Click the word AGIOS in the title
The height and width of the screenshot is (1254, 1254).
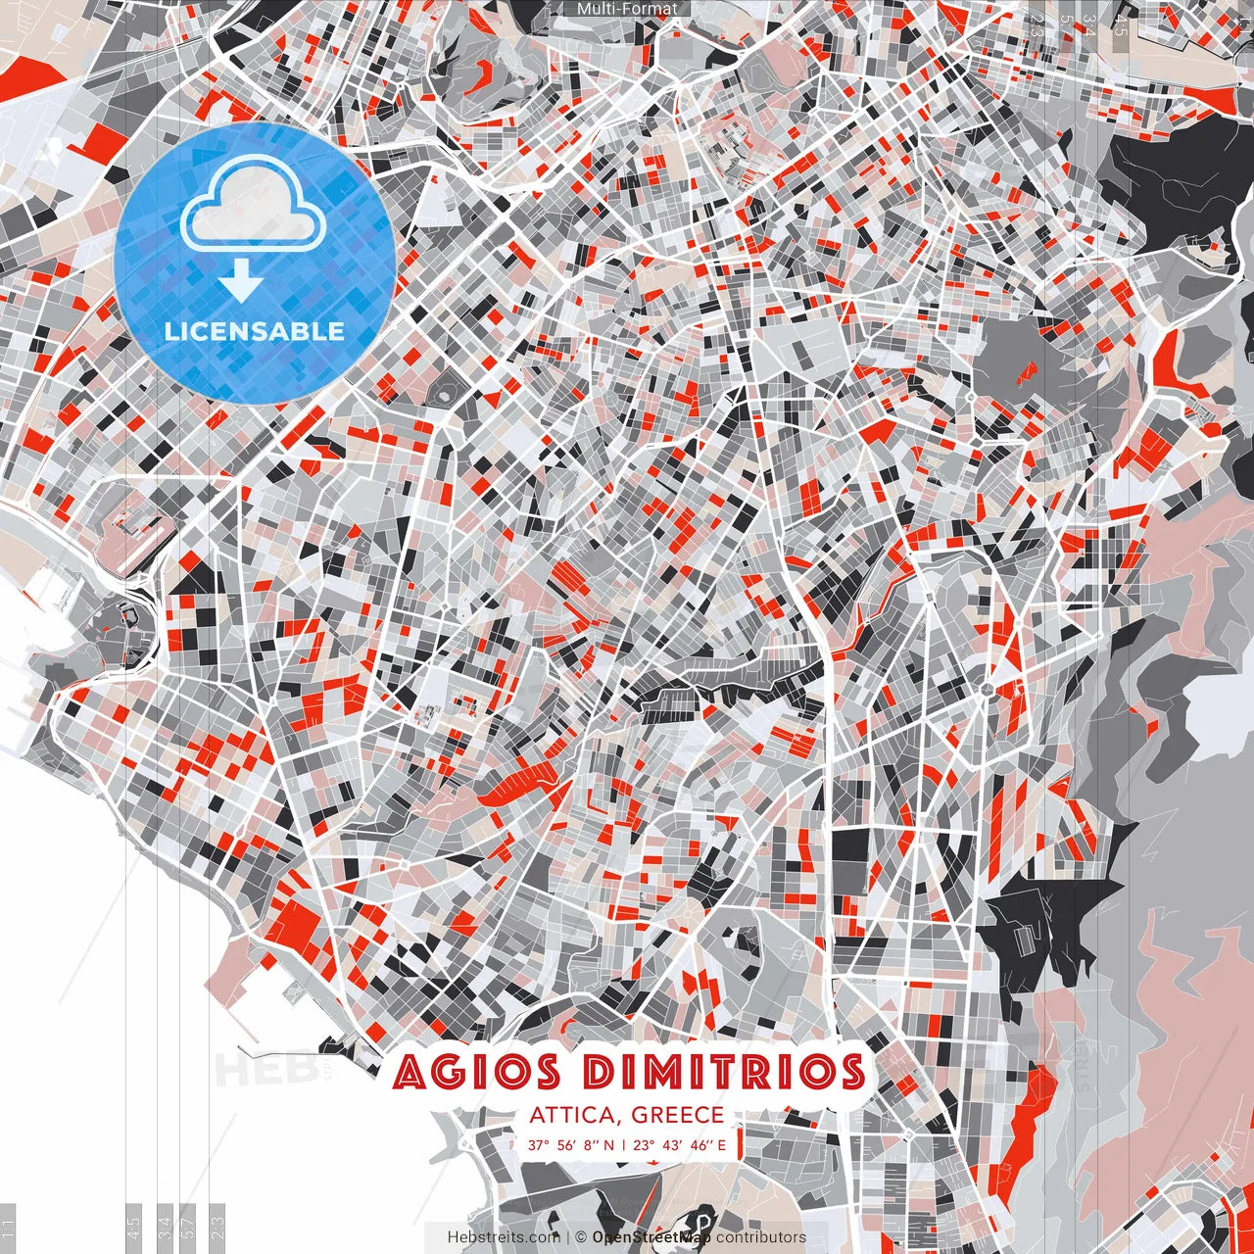pyautogui.click(x=476, y=1072)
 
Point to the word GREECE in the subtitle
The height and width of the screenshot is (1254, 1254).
pyautogui.click(x=678, y=1115)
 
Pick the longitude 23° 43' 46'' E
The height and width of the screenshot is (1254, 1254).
pyautogui.click(x=680, y=1144)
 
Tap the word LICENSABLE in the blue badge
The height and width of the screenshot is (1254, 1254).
pyautogui.click(x=255, y=331)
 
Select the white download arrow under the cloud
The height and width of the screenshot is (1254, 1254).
pyautogui.click(x=240, y=282)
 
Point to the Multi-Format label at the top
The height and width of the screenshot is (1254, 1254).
pyautogui.click(x=627, y=9)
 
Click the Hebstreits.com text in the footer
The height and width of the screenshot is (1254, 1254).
pyautogui.click(x=504, y=1237)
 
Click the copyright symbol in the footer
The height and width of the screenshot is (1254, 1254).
pyautogui.click(x=580, y=1237)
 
